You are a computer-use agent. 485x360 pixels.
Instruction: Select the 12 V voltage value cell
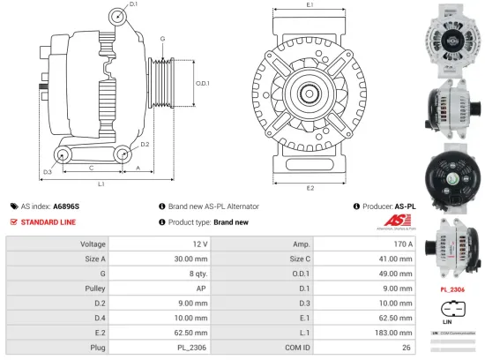click(199, 244)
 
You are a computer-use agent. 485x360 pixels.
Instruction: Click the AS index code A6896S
click(65, 206)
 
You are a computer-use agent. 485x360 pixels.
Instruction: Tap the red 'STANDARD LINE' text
click(49, 221)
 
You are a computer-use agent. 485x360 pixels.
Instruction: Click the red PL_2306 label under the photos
click(451, 289)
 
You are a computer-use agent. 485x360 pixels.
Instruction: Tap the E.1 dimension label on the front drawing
click(310, 6)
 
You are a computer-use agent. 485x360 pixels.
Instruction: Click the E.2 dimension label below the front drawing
click(310, 188)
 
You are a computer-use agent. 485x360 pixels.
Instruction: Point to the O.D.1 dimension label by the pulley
click(202, 83)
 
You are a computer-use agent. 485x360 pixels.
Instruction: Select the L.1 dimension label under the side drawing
click(102, 184)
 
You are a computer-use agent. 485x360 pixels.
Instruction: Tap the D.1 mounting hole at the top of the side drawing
click(119, 17)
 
